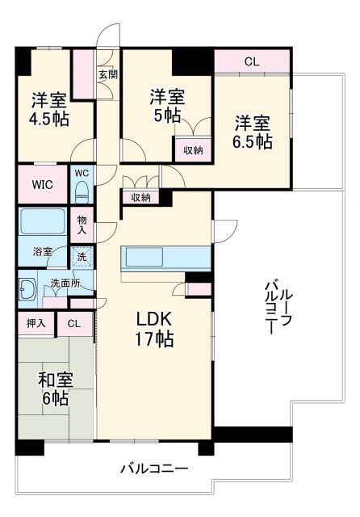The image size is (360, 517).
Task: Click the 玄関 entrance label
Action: [107, 75]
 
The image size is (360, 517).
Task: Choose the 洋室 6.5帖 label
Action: [253, 132]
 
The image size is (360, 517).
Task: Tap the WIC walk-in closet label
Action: [44, 184]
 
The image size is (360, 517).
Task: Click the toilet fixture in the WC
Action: [82, 189]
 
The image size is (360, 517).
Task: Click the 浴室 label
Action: [42, 251]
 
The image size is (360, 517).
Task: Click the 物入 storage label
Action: [82, 224]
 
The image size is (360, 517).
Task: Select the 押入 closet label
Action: [36, 324]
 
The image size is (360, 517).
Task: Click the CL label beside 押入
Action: [74, 324]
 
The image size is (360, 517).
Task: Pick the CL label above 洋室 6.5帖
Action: [251, 61]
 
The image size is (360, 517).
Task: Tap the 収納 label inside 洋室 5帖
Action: [192, 150]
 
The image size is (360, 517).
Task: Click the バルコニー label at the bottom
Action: [155, 469]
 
